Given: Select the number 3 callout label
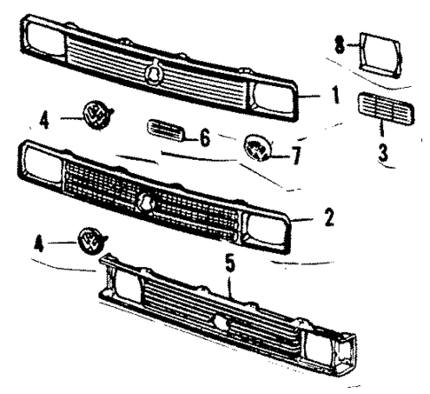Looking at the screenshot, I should [382, 151].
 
